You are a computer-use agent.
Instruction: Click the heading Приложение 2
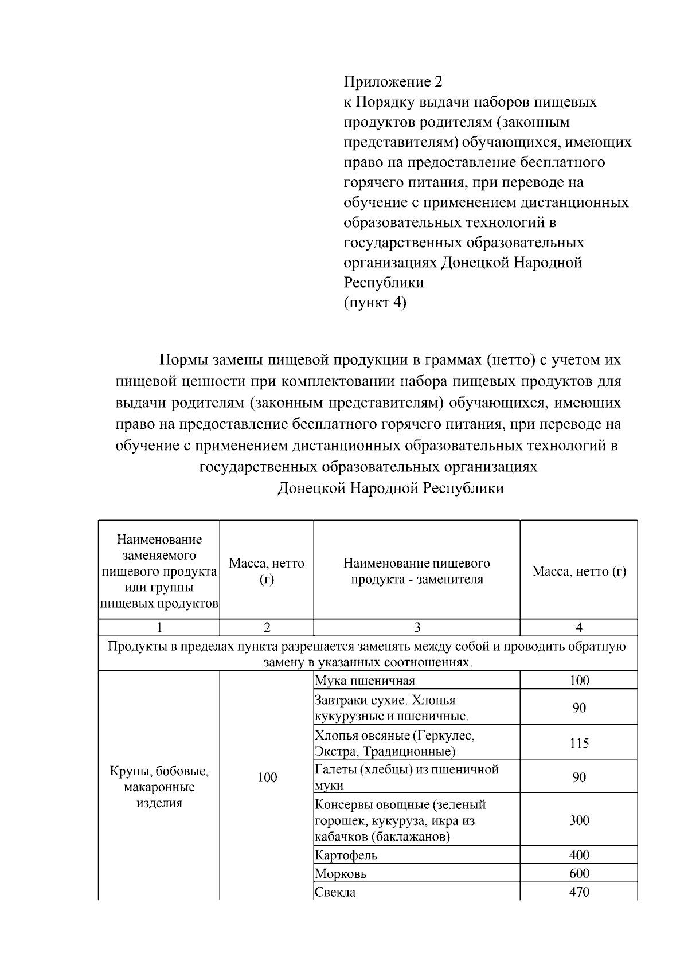tap(393, 81)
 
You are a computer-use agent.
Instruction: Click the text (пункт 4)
tap(374, 302)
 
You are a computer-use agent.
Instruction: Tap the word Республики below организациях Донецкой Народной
tap(383, 282)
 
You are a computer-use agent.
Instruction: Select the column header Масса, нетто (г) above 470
tap(578, 571)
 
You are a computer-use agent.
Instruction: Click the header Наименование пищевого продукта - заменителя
tap(416, 571)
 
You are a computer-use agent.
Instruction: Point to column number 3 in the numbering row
tap(416, 627)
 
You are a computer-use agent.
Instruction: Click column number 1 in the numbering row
tap(159, 627)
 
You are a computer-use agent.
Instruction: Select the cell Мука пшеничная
tap(365, 681)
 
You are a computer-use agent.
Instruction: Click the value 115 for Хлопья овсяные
tap(578, 743)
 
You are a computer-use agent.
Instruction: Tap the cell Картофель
tap(346, 855)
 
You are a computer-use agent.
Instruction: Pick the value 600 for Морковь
tap(578, 874)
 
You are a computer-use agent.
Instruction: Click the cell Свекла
tap(335, 892)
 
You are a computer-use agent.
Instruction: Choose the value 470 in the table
tap(578, 892)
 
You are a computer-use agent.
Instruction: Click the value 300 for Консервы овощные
tap(578, 820)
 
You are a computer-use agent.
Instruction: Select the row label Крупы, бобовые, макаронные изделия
tap(159, 787)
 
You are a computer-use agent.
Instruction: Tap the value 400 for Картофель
tap(578, 855)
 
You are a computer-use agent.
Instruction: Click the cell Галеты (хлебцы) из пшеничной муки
tap(406, 777)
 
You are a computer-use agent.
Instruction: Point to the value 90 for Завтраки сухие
tap(578, 708)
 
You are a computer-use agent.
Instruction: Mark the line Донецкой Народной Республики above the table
tap(390, 488)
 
